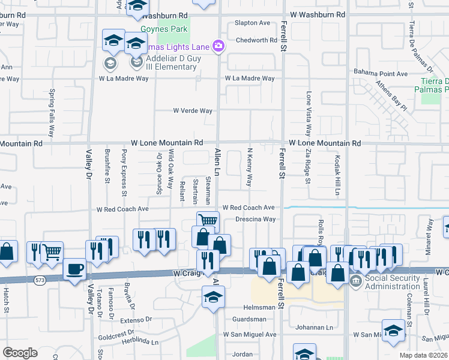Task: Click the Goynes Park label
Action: [x=161, y=28]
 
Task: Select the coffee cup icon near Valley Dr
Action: [x=74, y=269]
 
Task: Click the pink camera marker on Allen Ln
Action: [x=218, y=46]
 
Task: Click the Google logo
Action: [x=20, y=353]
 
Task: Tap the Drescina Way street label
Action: [x=255, y=220]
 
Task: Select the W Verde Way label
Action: [x=193, y=111]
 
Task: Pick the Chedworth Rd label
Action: [x=256, y=40]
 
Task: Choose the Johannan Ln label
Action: [x=314, y=328]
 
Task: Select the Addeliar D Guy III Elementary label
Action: [x=181, y=63]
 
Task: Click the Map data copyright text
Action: [x=424, y=355]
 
